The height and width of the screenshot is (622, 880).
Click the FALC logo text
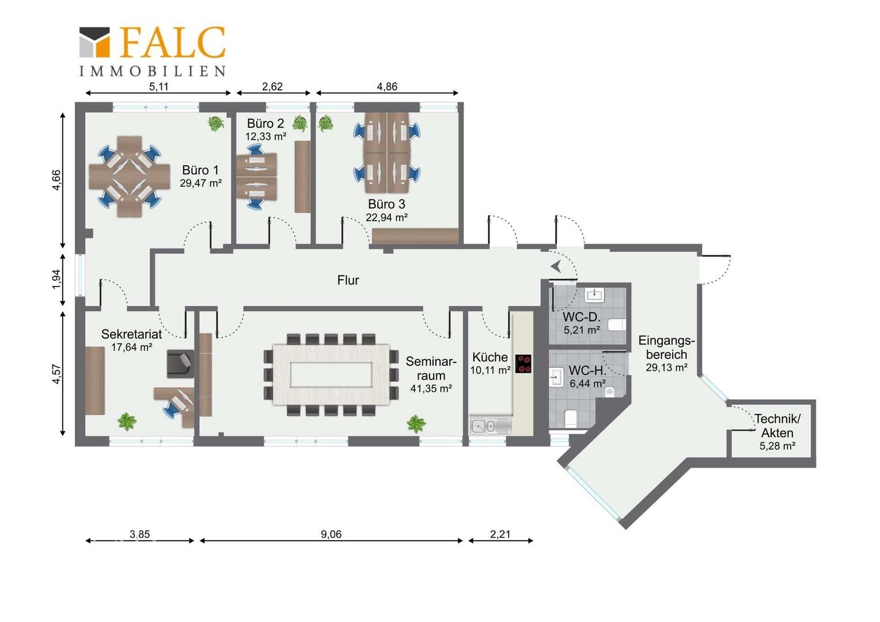[x=172, y=43]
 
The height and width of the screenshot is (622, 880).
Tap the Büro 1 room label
[x=200, y=170]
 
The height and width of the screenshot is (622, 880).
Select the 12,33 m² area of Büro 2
[x=266, y=136]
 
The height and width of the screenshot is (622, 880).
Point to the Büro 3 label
[x=386, y=204]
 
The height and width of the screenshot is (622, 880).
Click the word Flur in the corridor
[x=348, y=280]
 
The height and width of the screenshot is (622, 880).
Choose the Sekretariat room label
[x=132, y=334]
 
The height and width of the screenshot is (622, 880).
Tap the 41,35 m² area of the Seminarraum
[x=431, y=389]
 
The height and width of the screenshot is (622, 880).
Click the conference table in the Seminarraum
[x=331, y=374]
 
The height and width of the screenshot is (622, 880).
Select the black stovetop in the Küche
[x=524, y=363]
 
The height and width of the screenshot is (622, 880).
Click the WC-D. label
[x=582, y=317]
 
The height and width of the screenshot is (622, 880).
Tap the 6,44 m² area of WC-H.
[x=587, y=384]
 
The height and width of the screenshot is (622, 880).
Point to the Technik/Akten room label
[x=777, y=426]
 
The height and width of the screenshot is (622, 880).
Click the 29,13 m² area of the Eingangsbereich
[x=667, y=367]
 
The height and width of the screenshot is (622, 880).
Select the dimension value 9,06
[x=331, y=534]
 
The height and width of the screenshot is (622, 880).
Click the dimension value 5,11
[x=158, y=86]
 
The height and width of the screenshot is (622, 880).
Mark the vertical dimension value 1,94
[x=56, y=279]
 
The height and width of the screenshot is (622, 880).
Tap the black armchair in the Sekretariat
[x=180, y=364]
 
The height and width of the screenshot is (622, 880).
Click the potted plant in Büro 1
[x=215, y=124]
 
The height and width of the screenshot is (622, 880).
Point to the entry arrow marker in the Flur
[x=556, y=267]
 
